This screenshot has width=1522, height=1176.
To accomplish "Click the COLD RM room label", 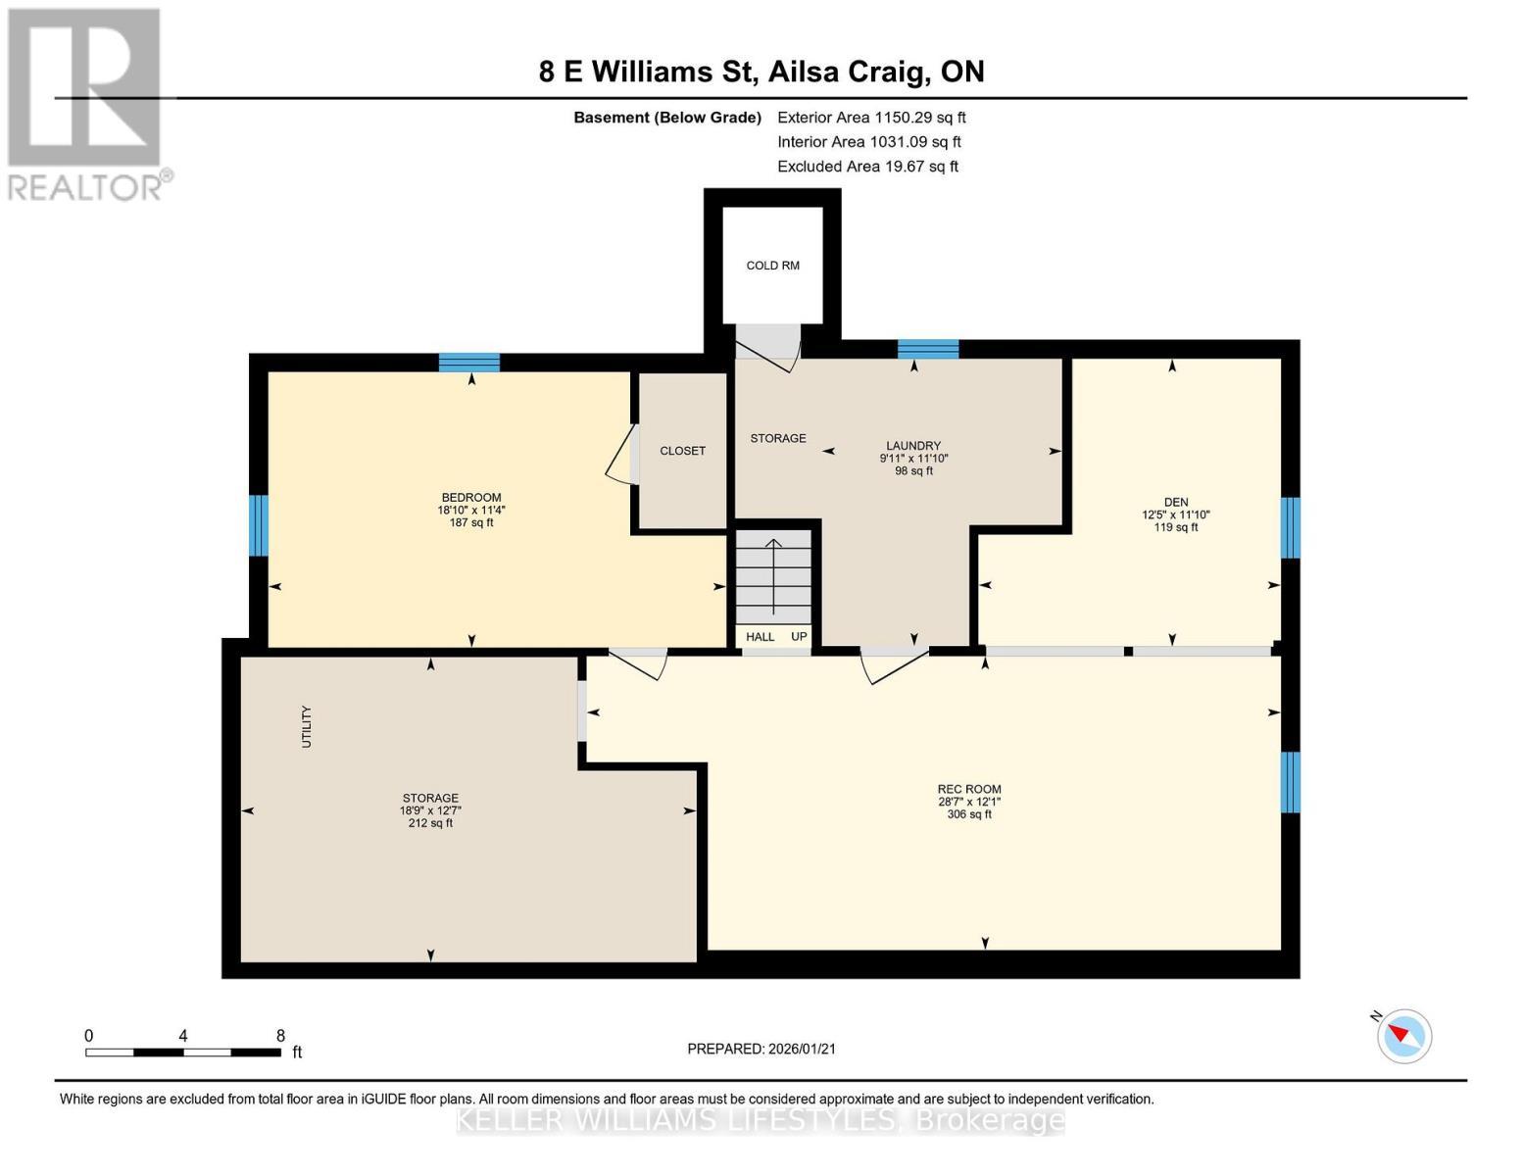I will click(x=772, y=266).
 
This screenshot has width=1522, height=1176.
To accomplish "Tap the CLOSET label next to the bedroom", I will click(x=682, y=451).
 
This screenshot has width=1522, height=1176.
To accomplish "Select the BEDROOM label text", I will click(x=470, y=497).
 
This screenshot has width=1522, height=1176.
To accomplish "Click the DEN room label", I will click(x=1176, y=502).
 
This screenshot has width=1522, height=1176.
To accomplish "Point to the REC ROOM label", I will click(x=968, y=789).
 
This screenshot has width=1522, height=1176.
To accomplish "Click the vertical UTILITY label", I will click(x=306, y=726).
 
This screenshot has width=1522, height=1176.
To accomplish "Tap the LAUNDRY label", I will click(x=913, y=446).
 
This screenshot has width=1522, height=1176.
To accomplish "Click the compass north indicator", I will click(x=1403, y=1035).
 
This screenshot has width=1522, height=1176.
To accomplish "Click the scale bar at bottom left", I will click(x=183, y=1052).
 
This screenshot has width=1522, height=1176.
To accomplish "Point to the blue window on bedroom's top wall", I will click(x=468, y=363).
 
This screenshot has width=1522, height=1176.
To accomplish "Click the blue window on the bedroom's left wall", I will click(x=258, y=525).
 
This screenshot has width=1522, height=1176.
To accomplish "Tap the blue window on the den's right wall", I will click(x=1291, y=527).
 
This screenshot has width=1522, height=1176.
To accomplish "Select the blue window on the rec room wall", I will click(x=1291, y=782).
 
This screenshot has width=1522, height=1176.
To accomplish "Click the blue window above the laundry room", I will click(x=927, y=349).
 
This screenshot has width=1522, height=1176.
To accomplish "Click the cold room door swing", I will click(x=769, y=348).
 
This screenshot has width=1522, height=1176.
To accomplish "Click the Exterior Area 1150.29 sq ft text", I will click(x=870, y=118).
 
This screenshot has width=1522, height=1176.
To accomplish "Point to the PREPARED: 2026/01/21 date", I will click(x=761, y=1049).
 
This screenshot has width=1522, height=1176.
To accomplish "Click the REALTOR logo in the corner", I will click(x=86, y=103).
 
